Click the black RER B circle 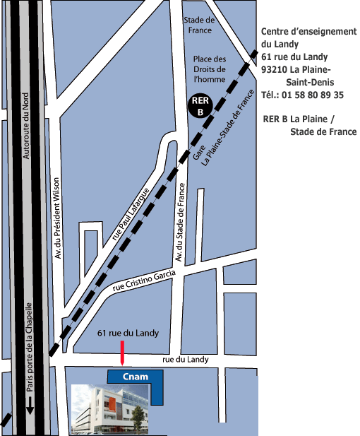tap(199, 107)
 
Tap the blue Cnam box tap(135, 377)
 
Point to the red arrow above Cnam tap(123, 353)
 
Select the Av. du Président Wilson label tap(58, 218)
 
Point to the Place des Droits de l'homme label tap(210, 70)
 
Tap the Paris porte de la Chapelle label tap(30, 346)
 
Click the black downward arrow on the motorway tap(30, 407)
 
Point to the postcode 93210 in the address tap(274, 69)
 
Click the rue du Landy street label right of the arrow tap(186, 360)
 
